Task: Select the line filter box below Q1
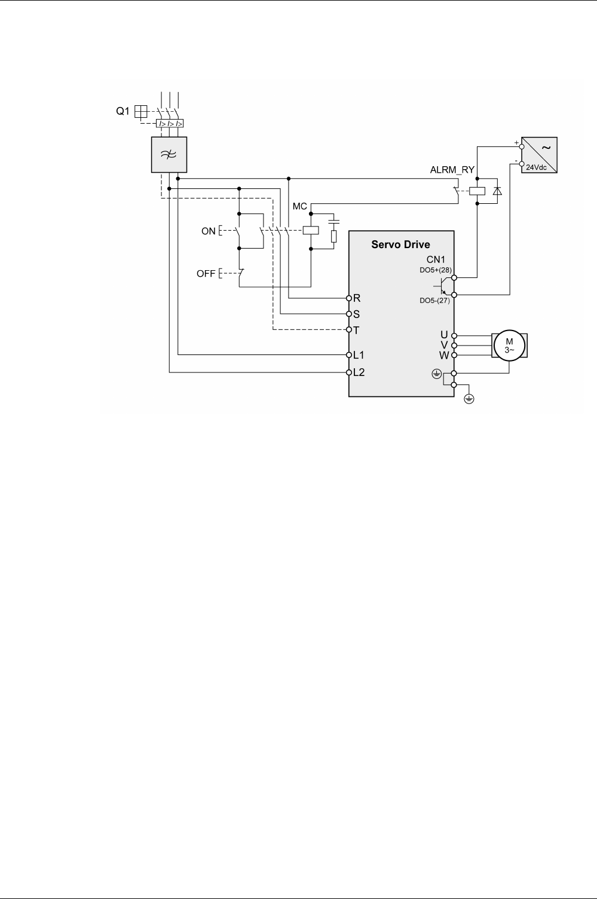[x=169, y=154]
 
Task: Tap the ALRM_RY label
[x=452, y=170]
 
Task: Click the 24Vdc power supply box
[x=539, y=155]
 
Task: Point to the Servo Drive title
[x=400, y=244]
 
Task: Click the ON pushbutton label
[x=209, y=231]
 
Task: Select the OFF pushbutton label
[x=206, y=274]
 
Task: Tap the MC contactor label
[x=299, y=207]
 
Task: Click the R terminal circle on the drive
[x=349, y=298]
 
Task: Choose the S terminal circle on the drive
[x=349, y=314]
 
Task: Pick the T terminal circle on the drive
[x=349, y=330]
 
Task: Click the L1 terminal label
[x=359, y=355]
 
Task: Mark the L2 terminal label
[x=359, y=372]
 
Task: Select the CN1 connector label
[x=436, y=259]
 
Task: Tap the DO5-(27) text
[x=434, y=301]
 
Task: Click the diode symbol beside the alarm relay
[x=496, y=191]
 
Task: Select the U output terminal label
[x=444, y=335]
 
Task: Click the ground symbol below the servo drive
[x=469, y=399]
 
